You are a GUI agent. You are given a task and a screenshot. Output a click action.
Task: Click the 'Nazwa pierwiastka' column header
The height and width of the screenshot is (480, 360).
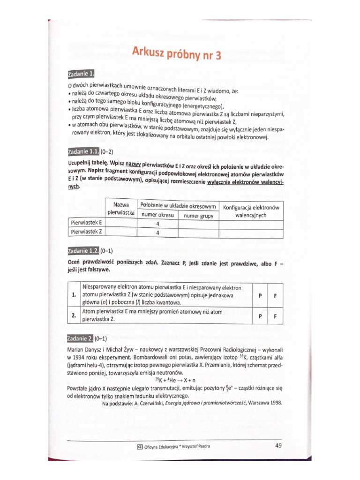point(121,209)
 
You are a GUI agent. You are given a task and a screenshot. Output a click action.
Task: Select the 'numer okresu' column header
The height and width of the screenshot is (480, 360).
point(157,216)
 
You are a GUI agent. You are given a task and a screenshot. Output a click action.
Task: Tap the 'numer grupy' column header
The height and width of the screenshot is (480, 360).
point(198,216)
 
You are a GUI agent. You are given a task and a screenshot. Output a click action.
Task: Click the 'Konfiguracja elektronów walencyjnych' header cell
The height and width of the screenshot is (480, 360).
point(251,211)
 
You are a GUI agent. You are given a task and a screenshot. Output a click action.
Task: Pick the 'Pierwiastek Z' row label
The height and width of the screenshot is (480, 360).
point(86,232)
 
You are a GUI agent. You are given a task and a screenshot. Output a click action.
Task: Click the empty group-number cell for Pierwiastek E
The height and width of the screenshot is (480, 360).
point(198,224)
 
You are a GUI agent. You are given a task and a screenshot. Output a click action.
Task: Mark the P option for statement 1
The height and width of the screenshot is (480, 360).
point(260,296)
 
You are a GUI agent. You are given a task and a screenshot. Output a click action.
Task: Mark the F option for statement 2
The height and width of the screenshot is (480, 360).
point(275,316)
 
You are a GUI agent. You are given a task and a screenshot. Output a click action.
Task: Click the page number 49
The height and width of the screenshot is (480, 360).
point(278,445)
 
